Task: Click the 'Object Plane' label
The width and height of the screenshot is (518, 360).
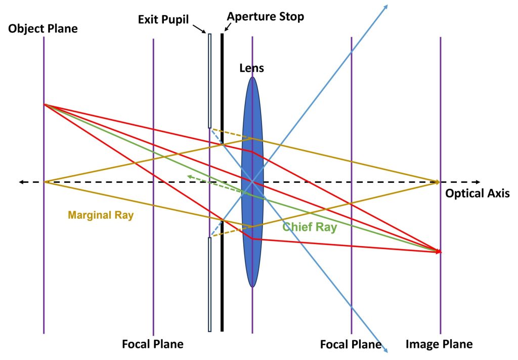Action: click(x=43, y=29)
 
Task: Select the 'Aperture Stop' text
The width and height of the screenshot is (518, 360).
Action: click(x=265, y=17)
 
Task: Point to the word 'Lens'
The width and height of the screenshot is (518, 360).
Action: click(x=251, y=67)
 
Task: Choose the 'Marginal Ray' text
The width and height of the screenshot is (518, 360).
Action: click(x=101, y=215)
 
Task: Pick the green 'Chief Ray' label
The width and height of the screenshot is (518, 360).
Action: click(x=310, y=227)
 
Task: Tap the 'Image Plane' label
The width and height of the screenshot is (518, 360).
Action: click(x=439, y=345)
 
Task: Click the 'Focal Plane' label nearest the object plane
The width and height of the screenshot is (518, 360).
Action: click(x=152, y=345)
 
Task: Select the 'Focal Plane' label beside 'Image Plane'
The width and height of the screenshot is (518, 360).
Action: click(x=350, y=345)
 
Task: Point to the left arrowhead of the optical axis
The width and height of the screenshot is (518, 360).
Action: click(x=21, y=181)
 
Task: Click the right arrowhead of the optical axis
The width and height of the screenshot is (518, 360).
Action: click(x=478, y=181)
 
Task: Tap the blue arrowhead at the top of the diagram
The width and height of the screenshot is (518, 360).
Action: click(x=385, y=7)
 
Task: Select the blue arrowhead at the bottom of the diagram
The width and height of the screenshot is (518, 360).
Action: click(x=385, y=349)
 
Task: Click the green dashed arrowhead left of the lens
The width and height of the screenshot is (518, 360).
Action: click(x=189, y=176)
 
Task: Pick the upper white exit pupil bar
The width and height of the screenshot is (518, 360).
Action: click(x=209, y=81)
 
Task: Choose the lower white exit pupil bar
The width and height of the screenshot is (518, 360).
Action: click(x=209, y=284)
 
